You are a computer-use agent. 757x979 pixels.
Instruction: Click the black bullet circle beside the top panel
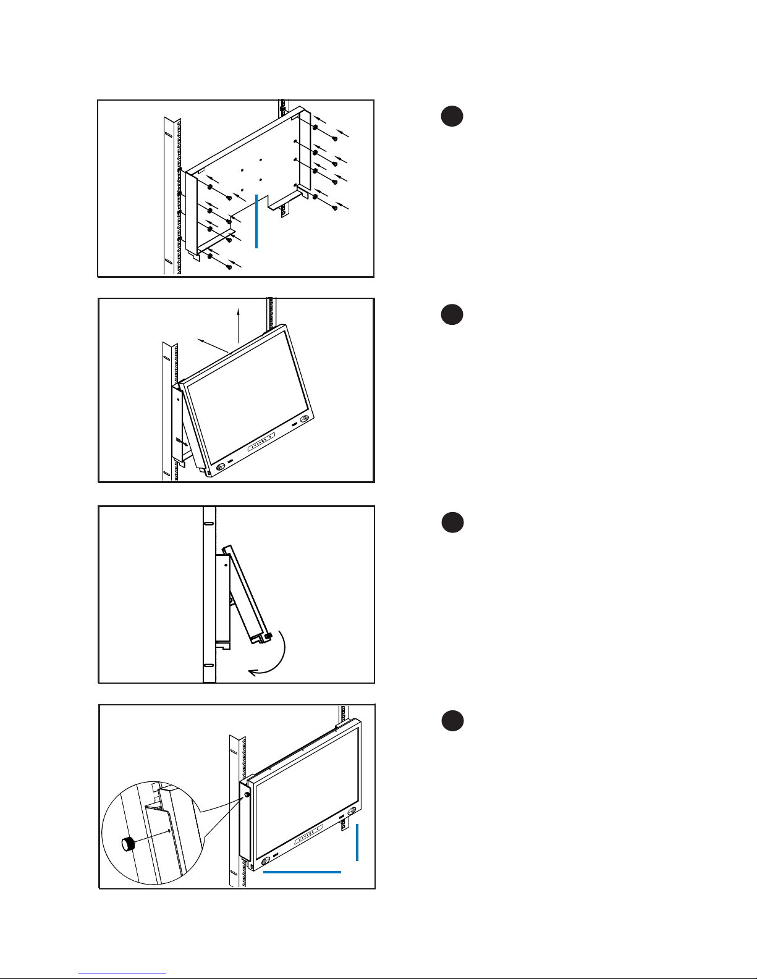(452, 117)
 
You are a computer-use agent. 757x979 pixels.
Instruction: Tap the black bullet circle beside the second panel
(452, 314)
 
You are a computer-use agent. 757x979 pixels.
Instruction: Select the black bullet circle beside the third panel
(452, 523)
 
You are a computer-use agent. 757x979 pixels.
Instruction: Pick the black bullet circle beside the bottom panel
(452, 721)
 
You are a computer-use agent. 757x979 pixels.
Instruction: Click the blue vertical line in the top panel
(256, 221)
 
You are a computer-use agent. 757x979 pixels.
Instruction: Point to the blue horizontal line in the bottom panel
(302, 872)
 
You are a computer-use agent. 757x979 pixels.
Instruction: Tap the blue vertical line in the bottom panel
(357, 841)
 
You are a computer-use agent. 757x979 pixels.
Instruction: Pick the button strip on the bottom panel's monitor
(308, 836)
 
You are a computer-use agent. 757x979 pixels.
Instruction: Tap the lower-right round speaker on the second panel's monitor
(304, 420)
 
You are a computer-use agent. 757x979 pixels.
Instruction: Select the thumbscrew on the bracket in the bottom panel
(247, 795)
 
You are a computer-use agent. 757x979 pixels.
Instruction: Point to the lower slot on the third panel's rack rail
(209, 665)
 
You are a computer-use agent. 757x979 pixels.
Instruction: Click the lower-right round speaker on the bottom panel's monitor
(351, 811)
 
